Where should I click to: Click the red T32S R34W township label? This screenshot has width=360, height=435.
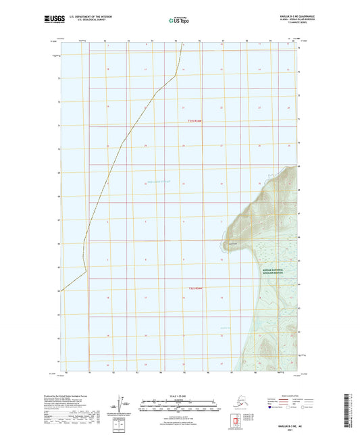195,289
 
